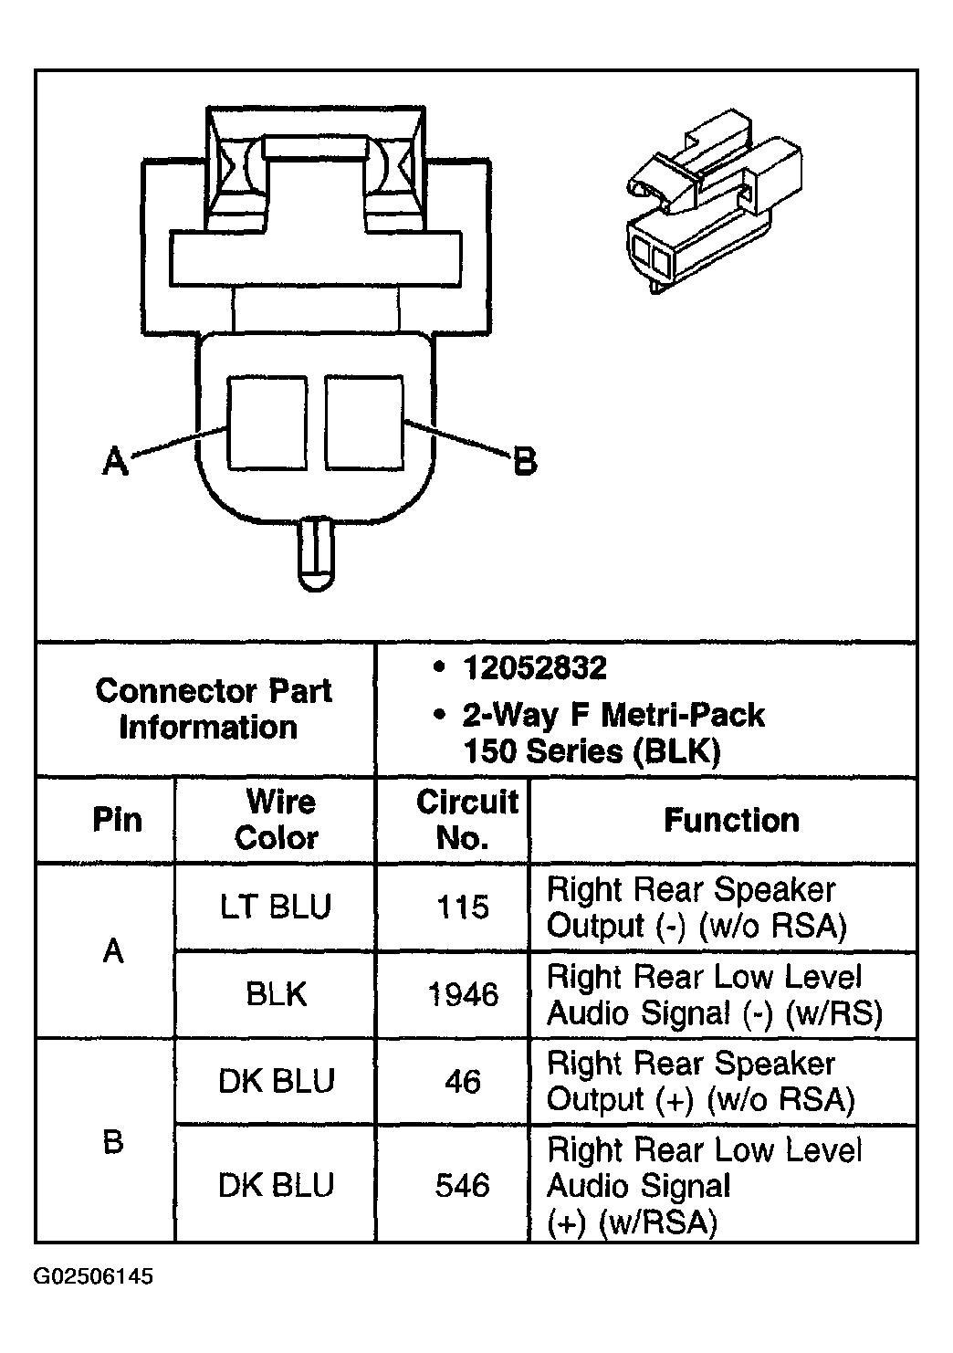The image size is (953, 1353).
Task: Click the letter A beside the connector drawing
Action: (116, 461)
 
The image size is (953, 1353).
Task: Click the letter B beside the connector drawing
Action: (525, 461)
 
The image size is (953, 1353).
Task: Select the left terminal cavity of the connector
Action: (267, 423)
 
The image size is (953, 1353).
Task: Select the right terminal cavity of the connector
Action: (364, 423)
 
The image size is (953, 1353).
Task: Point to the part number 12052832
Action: (535, 668)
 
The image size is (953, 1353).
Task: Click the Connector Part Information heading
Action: (213, 708)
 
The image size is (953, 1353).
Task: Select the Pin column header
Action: (117, 820)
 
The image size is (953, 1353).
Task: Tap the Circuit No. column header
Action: (466, 820)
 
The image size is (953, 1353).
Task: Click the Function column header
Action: (731, 820)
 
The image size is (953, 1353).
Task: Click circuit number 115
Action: (463, 907)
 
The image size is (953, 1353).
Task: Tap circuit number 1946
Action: (463, 994)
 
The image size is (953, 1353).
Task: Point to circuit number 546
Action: (463, 1185)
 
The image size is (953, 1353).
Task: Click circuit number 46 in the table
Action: (463, 1081)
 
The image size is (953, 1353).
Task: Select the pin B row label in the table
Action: (113, 1142)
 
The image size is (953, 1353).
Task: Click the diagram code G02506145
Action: (93, 1277)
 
